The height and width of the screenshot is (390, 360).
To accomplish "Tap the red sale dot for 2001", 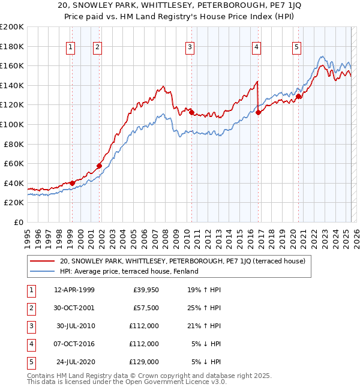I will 99,166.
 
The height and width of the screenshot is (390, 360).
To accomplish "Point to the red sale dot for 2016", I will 258,112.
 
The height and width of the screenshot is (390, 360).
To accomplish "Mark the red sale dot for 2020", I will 298,96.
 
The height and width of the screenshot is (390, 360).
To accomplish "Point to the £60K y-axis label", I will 14,163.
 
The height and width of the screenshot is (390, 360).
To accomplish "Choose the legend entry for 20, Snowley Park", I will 183,261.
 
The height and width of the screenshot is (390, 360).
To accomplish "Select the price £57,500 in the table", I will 146,308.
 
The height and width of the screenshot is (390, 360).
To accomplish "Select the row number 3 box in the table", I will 30,326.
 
